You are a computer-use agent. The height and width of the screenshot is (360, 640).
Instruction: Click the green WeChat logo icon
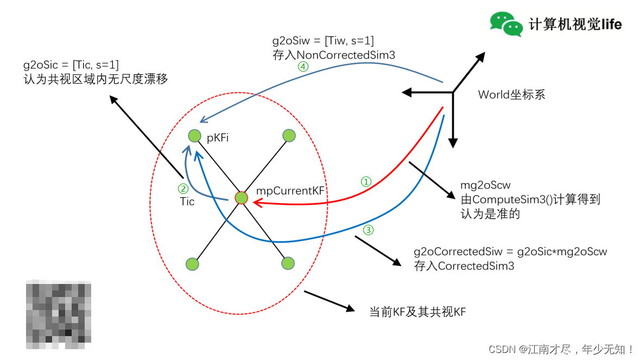(506, 23)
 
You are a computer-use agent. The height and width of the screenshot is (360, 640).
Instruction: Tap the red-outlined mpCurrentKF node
(241, 199)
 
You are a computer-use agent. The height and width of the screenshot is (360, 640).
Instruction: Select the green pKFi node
(194, 135)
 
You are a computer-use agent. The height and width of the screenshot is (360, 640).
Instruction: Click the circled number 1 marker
(367, 181)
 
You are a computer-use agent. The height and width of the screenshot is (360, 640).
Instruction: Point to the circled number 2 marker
(183, 189)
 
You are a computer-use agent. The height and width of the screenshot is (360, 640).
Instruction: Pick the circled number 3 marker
(368, 230)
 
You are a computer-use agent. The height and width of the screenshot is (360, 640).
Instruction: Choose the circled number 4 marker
(302, 67)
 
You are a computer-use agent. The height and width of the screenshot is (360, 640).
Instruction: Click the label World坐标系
(511, 95)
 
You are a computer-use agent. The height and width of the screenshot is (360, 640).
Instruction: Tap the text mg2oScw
(485, 186)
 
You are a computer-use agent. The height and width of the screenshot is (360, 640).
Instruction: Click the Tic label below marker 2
(187, 201)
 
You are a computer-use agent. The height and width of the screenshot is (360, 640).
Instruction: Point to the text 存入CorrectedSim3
(464, 266)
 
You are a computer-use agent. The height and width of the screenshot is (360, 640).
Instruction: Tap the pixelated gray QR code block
(59, 314)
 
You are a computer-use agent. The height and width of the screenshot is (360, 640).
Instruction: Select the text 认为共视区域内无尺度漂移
(95, 79)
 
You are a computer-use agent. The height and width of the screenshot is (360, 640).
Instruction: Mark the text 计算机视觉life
(575, 24)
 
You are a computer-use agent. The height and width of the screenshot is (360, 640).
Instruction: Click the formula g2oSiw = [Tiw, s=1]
(322, 41)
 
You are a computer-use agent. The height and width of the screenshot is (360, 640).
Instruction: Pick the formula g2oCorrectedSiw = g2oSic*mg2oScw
(510, 252)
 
